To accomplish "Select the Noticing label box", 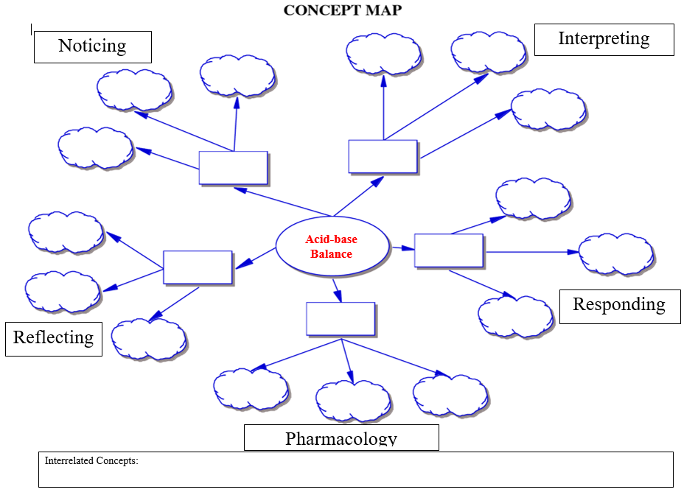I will coord(92,46).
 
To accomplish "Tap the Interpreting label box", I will coord(604,39).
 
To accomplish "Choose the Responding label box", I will coord(619,306).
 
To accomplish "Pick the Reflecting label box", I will coord(53,338).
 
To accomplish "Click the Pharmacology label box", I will coord(341,438).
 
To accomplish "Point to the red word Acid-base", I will coord(331,239).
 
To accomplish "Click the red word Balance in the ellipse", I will coord(331,254).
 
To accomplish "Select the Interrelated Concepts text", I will coord(91,461).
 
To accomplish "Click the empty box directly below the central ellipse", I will coord(341,319).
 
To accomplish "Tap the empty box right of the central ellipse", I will coord(448,250).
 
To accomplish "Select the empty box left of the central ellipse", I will coord(198,267).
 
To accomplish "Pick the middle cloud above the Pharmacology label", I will coord(353,400).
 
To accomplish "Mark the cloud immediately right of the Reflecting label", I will coord(148,338).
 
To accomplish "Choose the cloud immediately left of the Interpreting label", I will coord(488,52).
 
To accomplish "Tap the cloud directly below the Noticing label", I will coord(134,90).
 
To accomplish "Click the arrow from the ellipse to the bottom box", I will coord(337,290).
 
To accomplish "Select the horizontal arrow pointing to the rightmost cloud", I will coord(531,252).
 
